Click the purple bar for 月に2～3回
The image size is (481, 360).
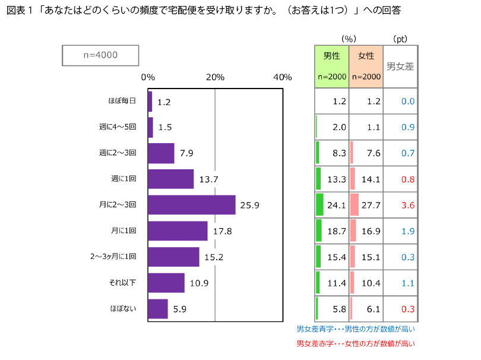191,205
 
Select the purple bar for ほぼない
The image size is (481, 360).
158,309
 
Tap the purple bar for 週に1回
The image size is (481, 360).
171,179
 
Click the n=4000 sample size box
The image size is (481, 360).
100,55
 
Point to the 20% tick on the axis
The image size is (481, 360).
215,77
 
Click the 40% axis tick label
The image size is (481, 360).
283,77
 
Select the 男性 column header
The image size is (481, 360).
331,56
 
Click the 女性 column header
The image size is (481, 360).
366,56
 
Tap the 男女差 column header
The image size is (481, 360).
400,67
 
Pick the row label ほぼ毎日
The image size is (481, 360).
122,101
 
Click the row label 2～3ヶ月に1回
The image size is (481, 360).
113,257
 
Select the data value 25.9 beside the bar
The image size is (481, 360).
250,205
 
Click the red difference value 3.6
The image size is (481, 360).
407,206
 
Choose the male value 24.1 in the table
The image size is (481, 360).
337,206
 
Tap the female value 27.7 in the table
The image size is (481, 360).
371,206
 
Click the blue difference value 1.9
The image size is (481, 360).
407,231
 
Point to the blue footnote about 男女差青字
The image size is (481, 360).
355,329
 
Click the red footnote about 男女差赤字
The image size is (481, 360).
355,343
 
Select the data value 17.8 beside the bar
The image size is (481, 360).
222,231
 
